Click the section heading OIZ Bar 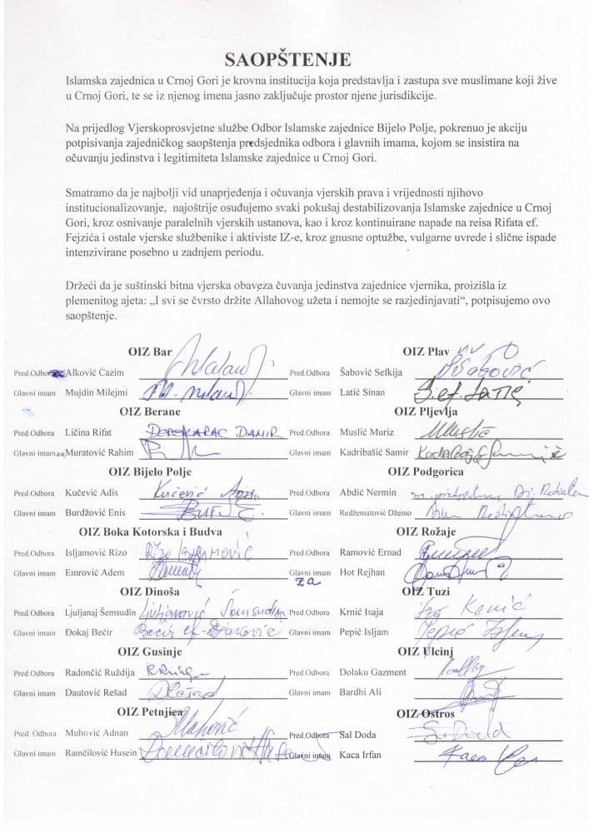[150, 352]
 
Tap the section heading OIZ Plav [427, 352]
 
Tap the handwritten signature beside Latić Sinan [458, 388]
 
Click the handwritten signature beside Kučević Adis [192, 492]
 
